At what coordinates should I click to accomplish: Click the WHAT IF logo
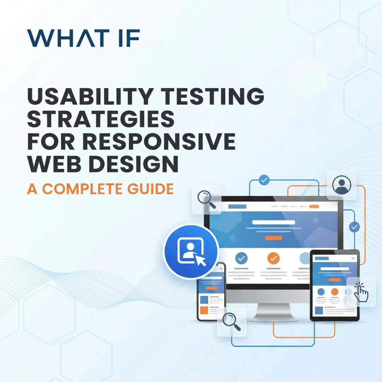click(83, 38)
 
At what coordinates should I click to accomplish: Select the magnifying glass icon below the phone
click(231, 322)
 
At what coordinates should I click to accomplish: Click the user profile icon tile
click(341, 185)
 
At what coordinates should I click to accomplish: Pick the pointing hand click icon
click(361, 292)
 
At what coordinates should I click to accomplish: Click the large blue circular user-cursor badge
click(191, 251)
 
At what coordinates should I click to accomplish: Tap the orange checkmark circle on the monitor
click(273, 258)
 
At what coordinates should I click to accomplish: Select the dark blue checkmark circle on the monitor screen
click(242, 258)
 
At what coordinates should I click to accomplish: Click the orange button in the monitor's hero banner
click(273, 238)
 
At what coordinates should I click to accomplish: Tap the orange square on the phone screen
click(204, 310)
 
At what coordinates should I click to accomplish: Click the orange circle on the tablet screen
click(335, 292)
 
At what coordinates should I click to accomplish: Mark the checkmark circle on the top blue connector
click(264, 180)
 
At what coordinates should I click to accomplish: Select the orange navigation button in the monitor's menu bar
click(314, 206)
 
